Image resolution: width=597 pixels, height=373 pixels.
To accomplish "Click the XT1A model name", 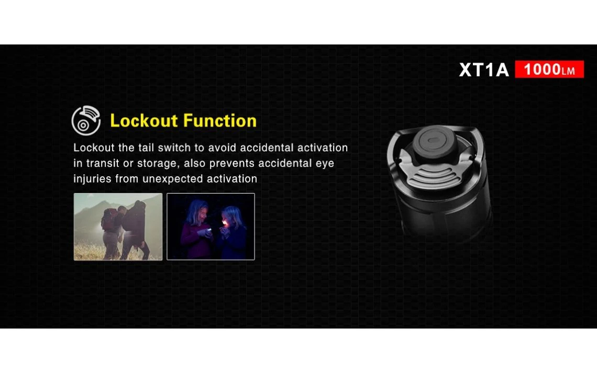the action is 484,70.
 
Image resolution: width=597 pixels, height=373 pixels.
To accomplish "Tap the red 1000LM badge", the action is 549,69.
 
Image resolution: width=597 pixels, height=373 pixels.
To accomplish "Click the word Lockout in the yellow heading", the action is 144,120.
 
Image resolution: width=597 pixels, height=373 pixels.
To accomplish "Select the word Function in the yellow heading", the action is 220,120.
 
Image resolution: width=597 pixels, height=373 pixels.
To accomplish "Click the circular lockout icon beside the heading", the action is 86,120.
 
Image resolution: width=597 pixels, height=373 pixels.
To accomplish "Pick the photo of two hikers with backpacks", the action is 118,227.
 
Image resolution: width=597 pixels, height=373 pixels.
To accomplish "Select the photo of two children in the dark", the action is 211,227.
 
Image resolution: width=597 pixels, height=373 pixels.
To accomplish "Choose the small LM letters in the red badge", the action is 568,71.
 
